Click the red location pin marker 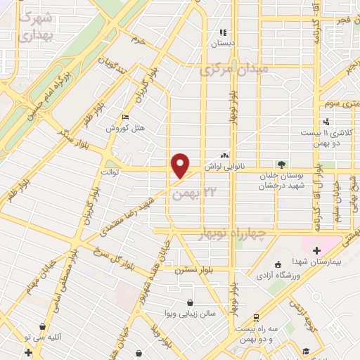click(181, 165)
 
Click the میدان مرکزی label click(234, 70)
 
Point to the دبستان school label click(223, 42)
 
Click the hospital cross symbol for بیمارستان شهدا click(316, 250)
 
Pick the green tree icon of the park click(281, 165)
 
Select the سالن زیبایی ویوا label click(188, 313)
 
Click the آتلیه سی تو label click(43, 336)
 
